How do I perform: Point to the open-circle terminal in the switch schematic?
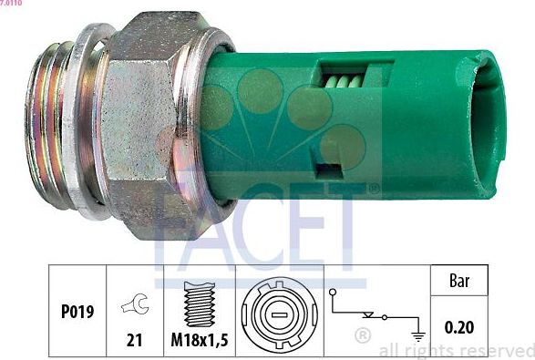336,293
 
